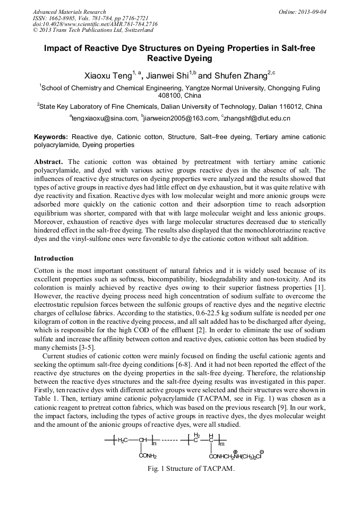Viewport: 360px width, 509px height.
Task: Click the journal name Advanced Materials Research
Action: pos(69,12)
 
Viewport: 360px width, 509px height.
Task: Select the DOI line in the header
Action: pos(95,24)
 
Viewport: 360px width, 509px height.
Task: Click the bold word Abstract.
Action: pos(49,161)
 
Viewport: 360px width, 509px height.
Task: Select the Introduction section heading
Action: pos(54,258)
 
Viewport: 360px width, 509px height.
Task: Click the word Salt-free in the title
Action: pos(296,48)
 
